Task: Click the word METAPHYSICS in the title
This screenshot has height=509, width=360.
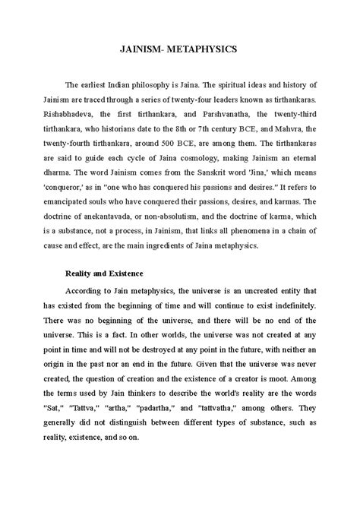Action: [x=199, y=48]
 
